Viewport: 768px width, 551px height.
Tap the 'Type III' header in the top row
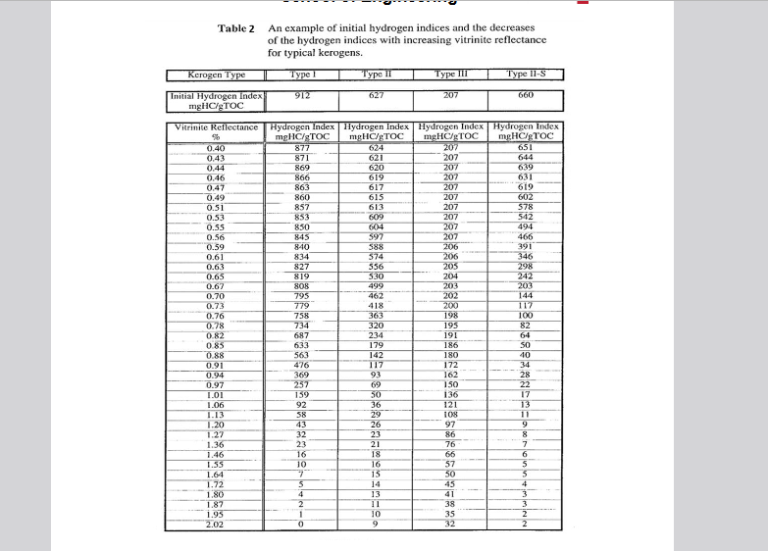pyautogui.click(x=451, y=74)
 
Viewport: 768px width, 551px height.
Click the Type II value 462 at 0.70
pyautogui.click(x=376, y=294)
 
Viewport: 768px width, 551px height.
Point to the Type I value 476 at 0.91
pyautogui.click(x=302, y=366)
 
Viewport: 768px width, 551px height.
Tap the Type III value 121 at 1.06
pyautogui.click(x=451, y=404)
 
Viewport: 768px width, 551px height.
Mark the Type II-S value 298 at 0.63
pyautogui.click(x=526, y=267)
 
